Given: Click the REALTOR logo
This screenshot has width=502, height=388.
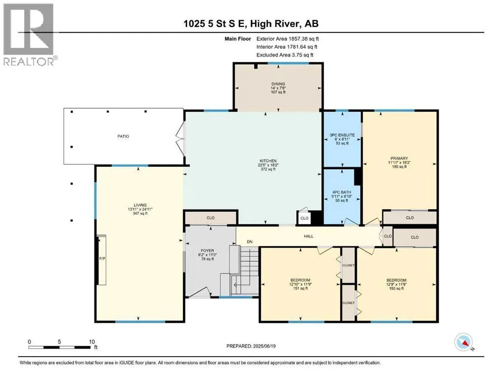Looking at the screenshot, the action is click(x=30, y=34).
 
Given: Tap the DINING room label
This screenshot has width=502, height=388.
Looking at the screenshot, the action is click(x=278, y=84).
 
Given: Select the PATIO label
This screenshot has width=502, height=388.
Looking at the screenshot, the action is click(x=123, y=136).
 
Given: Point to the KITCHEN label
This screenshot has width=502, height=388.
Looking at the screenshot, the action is click(x=268, y=161).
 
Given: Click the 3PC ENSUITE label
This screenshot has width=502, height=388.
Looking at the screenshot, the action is click(x=342, y=135).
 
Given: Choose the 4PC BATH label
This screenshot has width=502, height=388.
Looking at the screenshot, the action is click(x=342, y=192).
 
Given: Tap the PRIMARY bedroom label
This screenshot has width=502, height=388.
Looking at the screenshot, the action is click(x=399, y=158).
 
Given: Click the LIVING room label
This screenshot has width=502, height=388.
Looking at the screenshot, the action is click(x=140, y=205).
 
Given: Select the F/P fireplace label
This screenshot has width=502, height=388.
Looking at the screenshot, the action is click(x=102, y=259).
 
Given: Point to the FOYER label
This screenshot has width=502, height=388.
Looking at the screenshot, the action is click(x=207, y=251).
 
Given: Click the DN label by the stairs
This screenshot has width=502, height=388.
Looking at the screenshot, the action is click(x=250, y=242).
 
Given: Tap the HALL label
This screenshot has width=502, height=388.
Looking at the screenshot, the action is click(x=308, y=236).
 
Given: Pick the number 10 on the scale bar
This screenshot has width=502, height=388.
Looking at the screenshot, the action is click(x=92, y=342).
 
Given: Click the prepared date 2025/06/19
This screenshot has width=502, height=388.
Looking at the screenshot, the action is click(x=264, y=346).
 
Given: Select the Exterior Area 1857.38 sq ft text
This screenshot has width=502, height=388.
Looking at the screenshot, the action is click(x=288, y=39).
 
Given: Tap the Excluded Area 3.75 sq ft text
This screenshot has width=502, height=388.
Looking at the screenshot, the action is click(x=285, y=55).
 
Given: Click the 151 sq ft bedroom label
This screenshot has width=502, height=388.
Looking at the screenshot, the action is click(x=300, y=288).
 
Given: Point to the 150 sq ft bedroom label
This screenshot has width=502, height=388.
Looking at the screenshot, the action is click(x=396, y=288).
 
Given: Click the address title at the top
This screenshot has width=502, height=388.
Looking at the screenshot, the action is click(x=251, y=24).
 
